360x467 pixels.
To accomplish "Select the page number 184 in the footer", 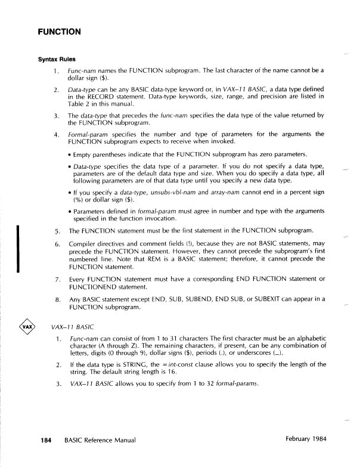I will click(x=41, y=440).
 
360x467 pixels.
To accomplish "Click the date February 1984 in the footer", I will click(x=305, y=440).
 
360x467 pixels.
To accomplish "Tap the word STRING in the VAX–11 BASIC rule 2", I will click(x=136, y=364).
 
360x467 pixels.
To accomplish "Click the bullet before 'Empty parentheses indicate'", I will click(x=70, y=153).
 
